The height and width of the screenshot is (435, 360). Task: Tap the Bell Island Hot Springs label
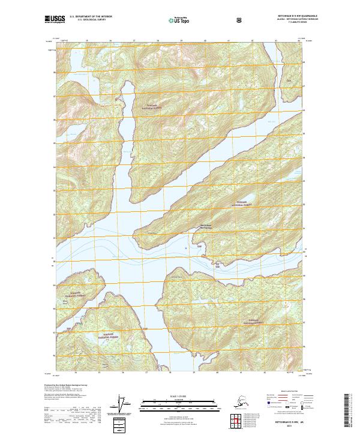point(206,228)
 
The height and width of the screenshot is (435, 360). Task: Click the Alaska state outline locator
point(238,401)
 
